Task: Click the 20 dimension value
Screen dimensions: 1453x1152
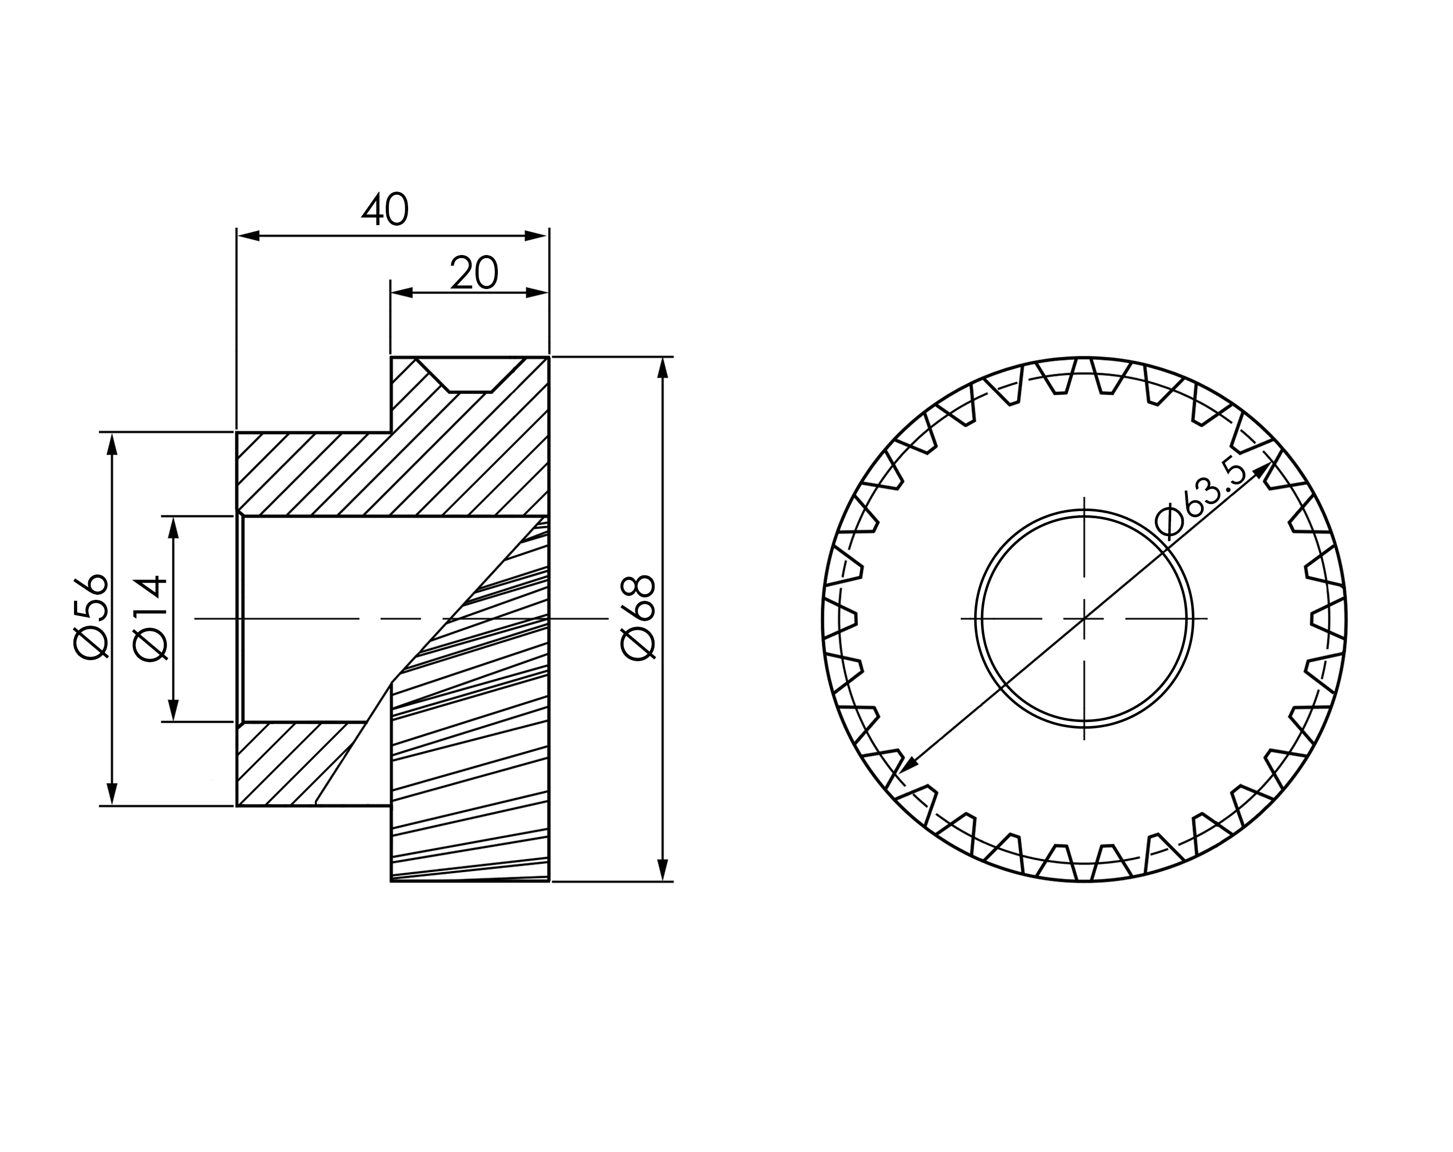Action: coord(474,273)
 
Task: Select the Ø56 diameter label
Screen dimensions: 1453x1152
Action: coord(91,616)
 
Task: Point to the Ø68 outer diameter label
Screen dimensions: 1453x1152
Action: coord(638,617)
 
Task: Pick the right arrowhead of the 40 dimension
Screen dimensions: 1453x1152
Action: coord(536,236)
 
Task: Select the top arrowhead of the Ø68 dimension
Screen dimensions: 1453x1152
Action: coord(663,368)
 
